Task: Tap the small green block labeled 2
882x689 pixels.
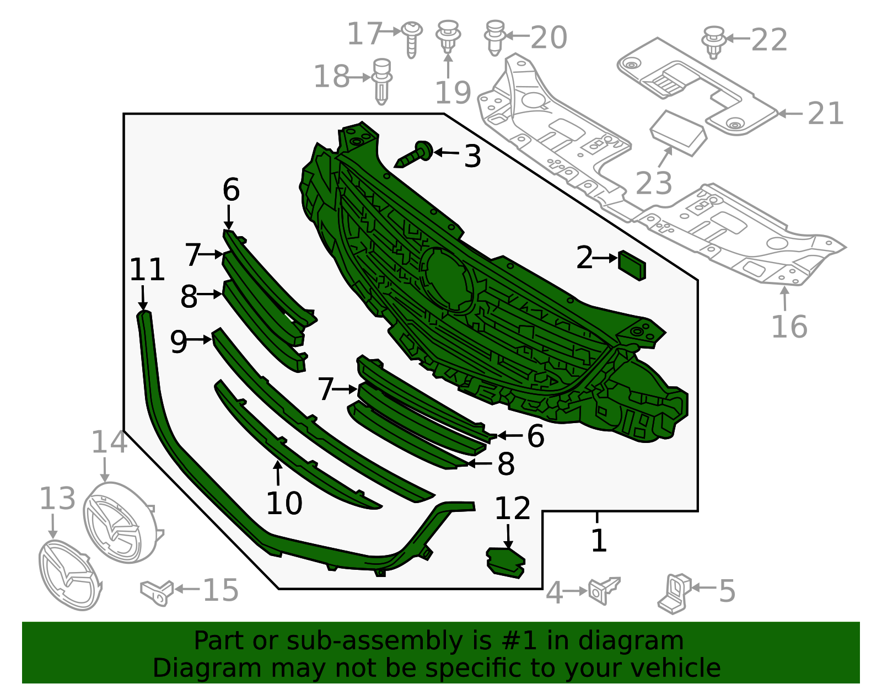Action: coord(632,265)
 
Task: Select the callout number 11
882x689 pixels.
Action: coord(147,270)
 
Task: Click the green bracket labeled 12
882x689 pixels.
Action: coord(505,562)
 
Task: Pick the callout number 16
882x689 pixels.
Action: coord(789,327)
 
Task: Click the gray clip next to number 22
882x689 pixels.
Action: coord(713,41)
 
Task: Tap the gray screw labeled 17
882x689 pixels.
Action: coord(411,37)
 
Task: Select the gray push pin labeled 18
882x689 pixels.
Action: coord(382,81)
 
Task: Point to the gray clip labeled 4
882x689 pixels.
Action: coord(604,590)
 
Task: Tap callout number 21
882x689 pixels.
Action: coord(825,114)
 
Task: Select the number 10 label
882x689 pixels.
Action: coord(284,503)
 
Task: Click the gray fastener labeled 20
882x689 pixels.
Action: coord(494,37)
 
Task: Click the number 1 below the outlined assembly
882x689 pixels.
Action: coord(599,540)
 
